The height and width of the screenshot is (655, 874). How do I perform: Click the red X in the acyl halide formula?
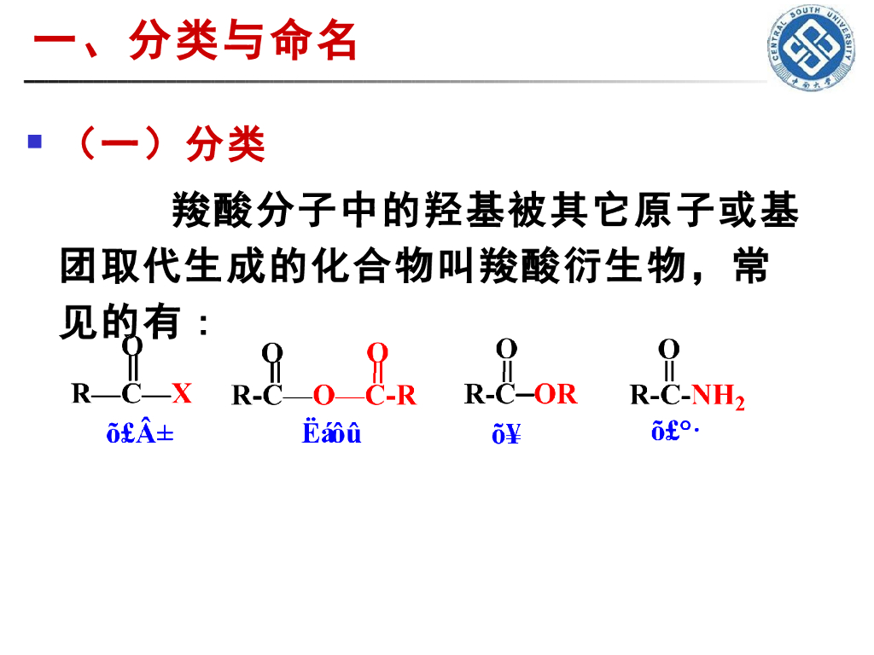pos(182,393)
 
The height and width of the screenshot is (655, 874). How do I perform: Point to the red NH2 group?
pos(718,395)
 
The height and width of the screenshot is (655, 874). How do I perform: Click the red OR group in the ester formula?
pos(556,394)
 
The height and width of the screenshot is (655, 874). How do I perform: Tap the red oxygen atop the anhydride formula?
pos(377,352)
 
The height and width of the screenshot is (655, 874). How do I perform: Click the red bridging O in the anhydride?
pos(323,396)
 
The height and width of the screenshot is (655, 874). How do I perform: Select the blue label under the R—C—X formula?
pos(140,434)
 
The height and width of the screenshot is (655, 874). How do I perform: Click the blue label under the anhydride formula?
pos(332,434)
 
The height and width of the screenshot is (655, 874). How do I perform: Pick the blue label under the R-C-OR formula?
pos(506,436)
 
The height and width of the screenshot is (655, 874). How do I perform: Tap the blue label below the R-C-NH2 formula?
pos(674,432)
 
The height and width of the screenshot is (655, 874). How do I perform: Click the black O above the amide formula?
pos(669,349)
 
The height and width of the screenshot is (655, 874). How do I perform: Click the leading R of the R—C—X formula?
pos(81,393)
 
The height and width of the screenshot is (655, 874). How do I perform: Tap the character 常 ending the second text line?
pos(750,267)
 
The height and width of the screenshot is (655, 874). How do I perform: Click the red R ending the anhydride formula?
pos(406,396)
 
